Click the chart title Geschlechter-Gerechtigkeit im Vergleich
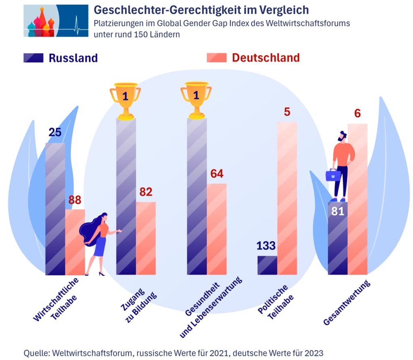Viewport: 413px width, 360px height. [201, 10]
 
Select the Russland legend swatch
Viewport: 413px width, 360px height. [33, 58]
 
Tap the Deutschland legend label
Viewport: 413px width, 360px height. [265, 58]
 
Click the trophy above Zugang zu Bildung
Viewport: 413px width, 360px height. [125, 100]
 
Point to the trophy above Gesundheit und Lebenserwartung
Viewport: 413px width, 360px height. [196, 100]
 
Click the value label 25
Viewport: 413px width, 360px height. [55, 132]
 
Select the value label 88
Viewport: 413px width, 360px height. [75, 200]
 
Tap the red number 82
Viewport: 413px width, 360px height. [146, 192]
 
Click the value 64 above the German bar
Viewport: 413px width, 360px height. [217, 174]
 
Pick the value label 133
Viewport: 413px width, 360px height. [267, 246]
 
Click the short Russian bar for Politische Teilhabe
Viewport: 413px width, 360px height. [267, 265]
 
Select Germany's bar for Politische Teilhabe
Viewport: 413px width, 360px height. [287, 198]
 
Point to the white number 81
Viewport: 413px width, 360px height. [337, 211]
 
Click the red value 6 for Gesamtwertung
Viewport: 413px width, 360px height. [357, 113]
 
